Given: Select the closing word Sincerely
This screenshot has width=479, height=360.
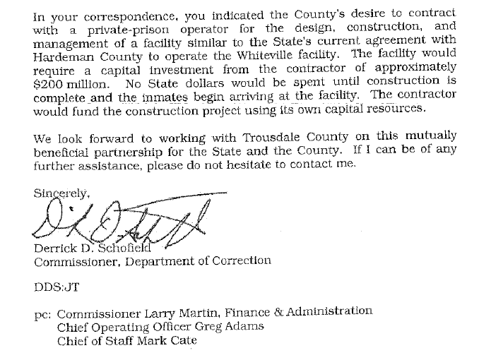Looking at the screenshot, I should click(x=60, y=193).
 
